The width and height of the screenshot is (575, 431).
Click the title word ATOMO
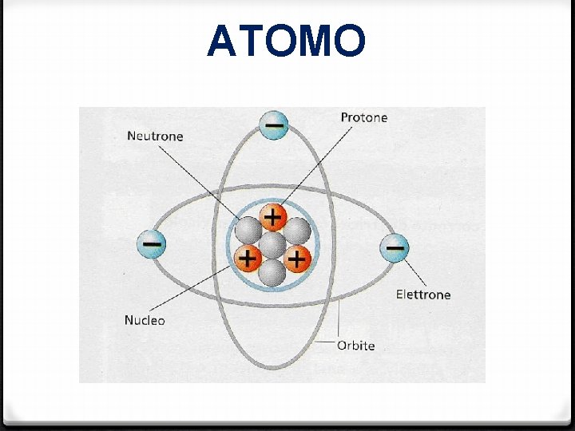(x=286, y=42)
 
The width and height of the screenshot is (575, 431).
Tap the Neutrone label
(x=155, y=136)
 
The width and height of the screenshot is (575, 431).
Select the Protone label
(x=363, y=117)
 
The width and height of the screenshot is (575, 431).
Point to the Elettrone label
(x=423, y=295)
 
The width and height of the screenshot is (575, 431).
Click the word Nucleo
(x=145, y=320)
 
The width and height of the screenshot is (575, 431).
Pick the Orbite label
(x=355, y=346)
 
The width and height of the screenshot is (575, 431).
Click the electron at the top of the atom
(x=274, y=125)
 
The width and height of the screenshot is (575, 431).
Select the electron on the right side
(x=394, y=249)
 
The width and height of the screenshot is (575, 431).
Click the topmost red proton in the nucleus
(x=273, y=217)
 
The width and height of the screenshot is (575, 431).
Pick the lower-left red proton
(x=248, y=258)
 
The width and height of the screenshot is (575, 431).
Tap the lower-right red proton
(x=297, y=258)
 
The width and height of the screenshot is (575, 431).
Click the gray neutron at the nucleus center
(x=273, y=244)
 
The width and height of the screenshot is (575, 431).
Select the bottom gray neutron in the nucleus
(x=273, y=272)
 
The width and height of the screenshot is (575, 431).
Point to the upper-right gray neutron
(x=297, y=231)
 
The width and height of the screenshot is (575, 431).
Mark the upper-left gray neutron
(x=248, y=231)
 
